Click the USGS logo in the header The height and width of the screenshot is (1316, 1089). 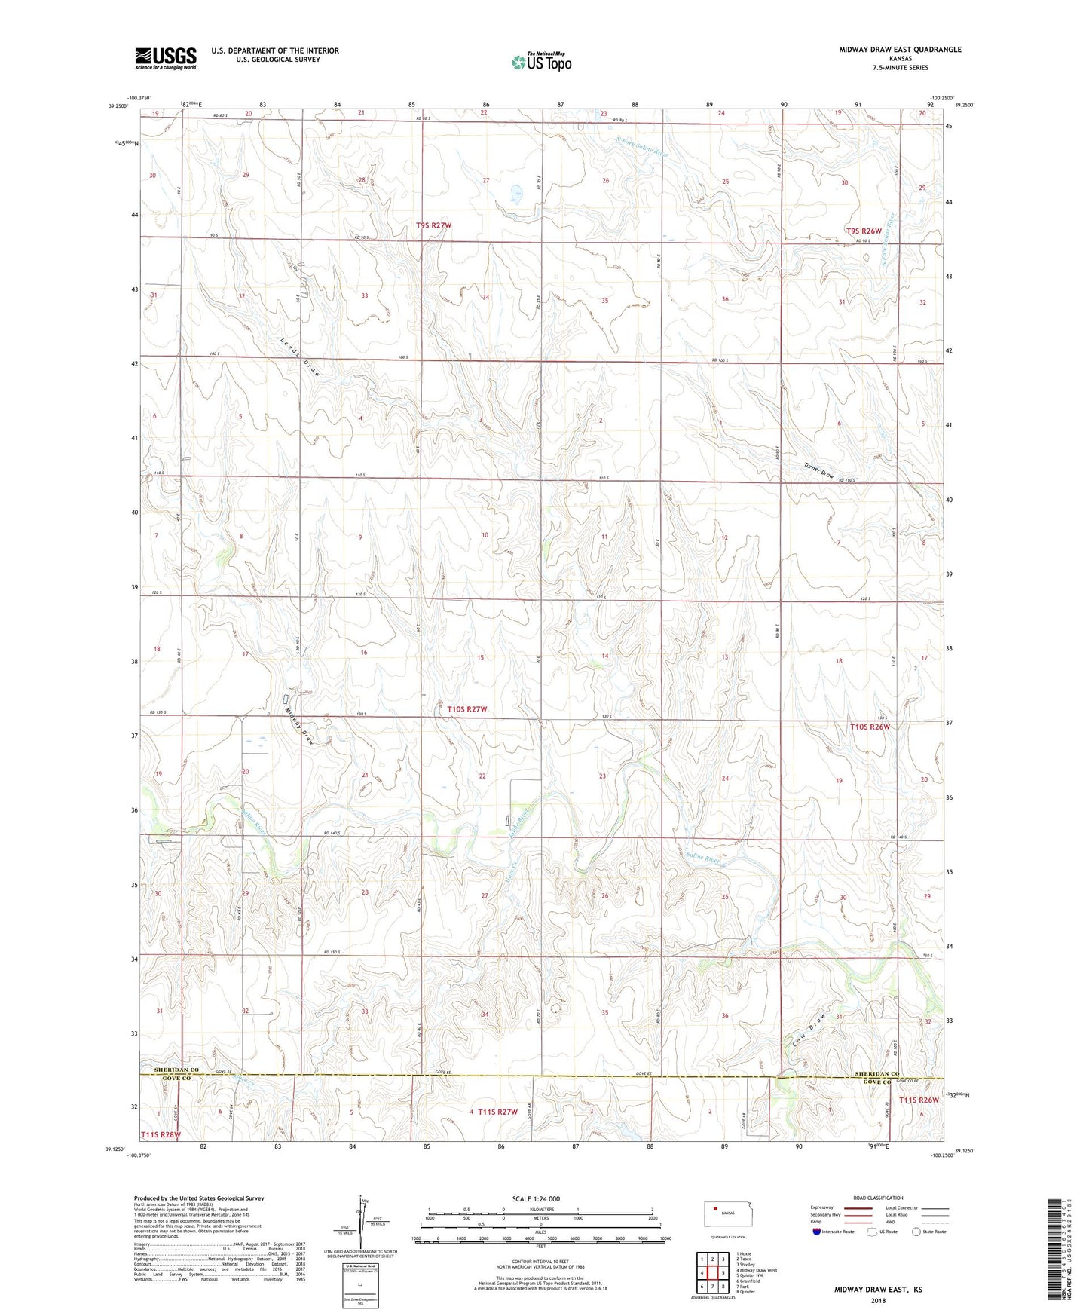[x=165, y=57]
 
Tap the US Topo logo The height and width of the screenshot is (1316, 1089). [x=541, y=62]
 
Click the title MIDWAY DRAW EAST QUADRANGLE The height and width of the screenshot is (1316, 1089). [x=900, y=50]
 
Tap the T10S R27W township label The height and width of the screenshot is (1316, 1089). [x=466, y=709]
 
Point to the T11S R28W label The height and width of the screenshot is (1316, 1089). [x=161, y=1134]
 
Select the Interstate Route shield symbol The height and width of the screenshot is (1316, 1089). [x=817, y=1232]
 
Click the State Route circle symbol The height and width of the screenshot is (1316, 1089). [x=916, y=1232]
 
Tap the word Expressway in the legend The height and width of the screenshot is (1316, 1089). [x=826, y=1207]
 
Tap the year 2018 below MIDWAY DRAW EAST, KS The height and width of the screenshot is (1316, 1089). [x=878, y=1300]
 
